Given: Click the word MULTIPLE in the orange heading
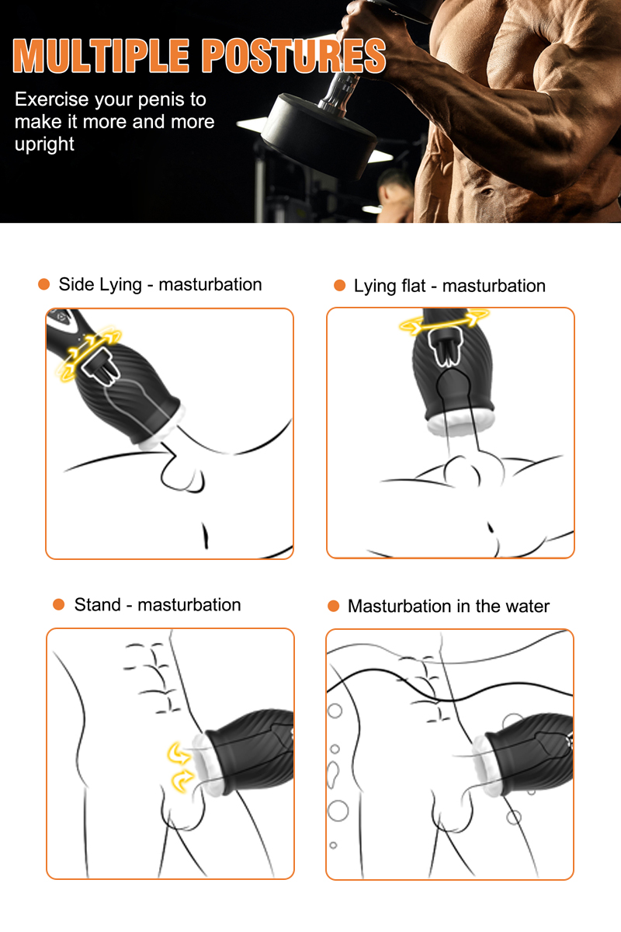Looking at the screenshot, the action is pyautogui.click(x=101, y=56).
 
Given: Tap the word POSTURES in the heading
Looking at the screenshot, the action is pyautogui.click(x=294, y=56).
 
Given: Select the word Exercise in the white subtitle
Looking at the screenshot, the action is pyautogui.click(x=52, y=99).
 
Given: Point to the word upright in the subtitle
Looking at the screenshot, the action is pyautogui.click(x=44, y=144).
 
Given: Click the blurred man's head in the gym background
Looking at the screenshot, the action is pyautogui.click(x=394, y=186).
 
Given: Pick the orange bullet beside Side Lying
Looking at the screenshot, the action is pyautogui.click(x=43, y=284).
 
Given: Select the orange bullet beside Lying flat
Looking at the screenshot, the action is pyautogui.click(x=339, y=286).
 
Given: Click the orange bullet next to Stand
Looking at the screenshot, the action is pyautogui.click(x=59, y=604).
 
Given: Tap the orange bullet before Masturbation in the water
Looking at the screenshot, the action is pyautogui.click(x=333, y=606).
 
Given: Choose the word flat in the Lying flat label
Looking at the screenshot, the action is pyautogui.click(x=413, y=286).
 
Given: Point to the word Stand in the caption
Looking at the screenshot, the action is pyautogui.click(x=97, y=605).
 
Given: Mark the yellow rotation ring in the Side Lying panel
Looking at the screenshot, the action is pyautogui.click(x=90, y=353).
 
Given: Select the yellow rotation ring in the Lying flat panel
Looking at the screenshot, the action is pyautogui.click(x=444, y=322).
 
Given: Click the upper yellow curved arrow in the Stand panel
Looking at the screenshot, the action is pyautogui.click(x=179, y=753).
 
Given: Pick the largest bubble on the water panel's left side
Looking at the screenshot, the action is pyautogui.click(x=338, y=811).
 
